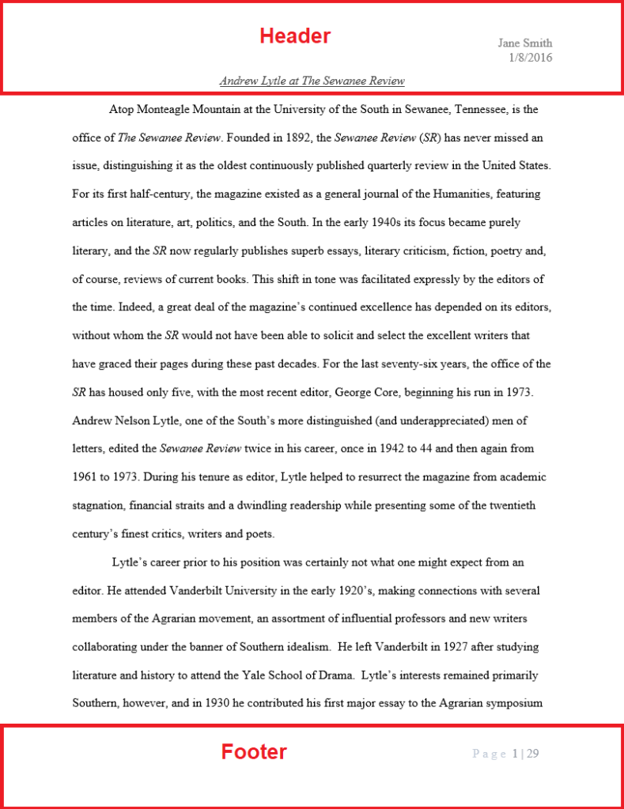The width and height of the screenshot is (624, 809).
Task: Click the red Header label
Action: pos(295,36)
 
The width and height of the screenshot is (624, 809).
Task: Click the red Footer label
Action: pos(254,752)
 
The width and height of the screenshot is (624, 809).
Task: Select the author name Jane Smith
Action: pos(524,43)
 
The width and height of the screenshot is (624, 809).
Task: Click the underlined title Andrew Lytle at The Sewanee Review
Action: pos(312,81)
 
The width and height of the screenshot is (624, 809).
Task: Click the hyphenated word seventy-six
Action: pos(381,364)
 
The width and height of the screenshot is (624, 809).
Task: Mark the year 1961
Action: pos(85,477)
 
